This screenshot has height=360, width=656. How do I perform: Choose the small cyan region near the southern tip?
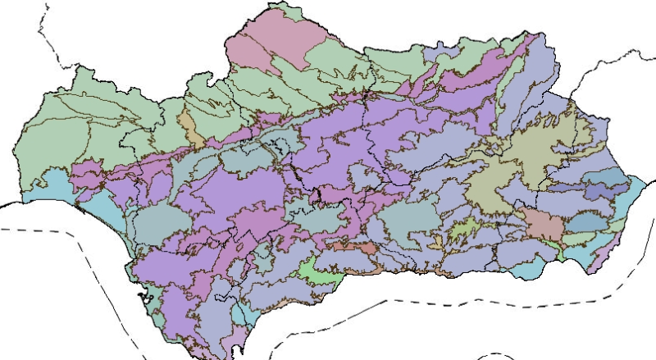pyautogui.click(x=242, y=316)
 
